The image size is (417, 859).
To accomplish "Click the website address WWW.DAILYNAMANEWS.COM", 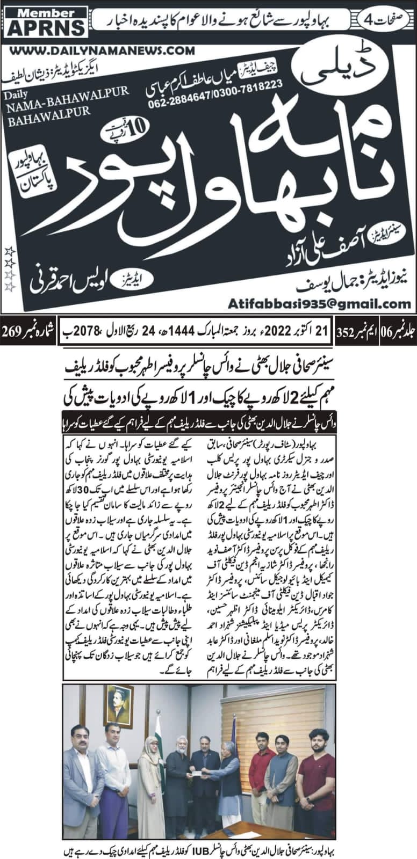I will pyautogui.click(x=102, y=50).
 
